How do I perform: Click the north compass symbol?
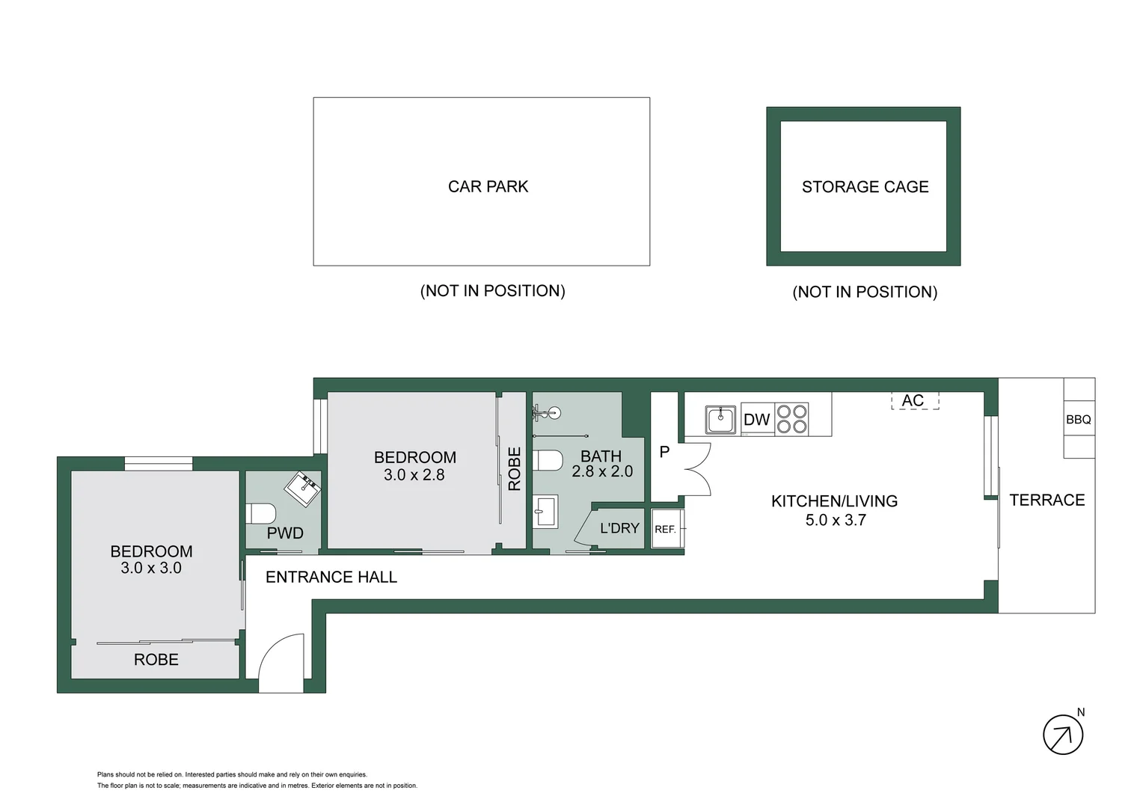click(x=1062, y=735)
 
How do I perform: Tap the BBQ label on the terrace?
click(x=1078, y=420)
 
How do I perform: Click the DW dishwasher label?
click(x=756, y=420)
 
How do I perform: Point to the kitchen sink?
click(x=720, y=420)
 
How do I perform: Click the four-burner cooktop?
click(x=791, y=419)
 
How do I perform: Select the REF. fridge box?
click(x=665, y=529)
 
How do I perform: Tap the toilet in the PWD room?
click(x=261, y=514)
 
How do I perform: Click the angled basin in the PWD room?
click(x=303, y=489)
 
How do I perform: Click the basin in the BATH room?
click(x=545, y=512)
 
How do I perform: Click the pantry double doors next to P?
click(x=696, y=469)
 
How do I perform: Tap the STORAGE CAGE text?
click(x=865, y=187)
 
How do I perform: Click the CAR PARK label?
click(x=488, y=187)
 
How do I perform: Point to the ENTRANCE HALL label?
click(x=331, y=577)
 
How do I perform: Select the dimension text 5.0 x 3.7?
click(x=835, y=520)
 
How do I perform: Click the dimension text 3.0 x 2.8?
click(x=414, y=475)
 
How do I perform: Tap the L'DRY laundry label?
click(x=619, y=528)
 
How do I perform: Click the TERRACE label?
click(x=1047, y=500)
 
